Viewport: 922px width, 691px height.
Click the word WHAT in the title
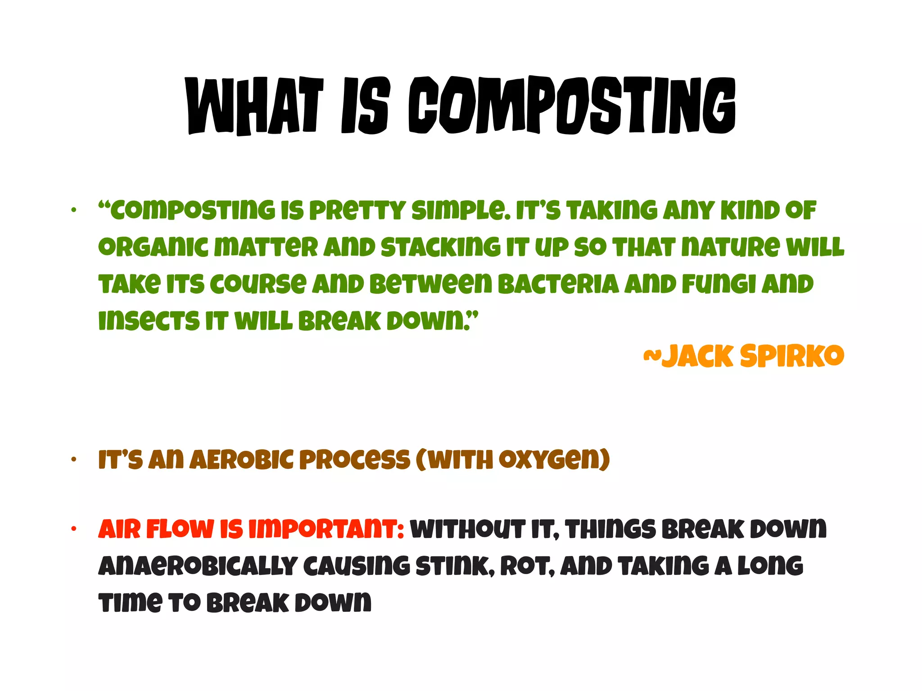pyautogui.click(x=255, y=106)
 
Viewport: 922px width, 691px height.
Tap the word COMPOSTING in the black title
pyautogui.click(x=572, y=106)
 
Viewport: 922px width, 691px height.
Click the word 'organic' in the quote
pyautogui.click(x=153, y=248)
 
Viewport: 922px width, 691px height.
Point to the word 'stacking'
pyautogui.click(x=440, y=248)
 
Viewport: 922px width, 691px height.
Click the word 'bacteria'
pyautogui.click(x=558, y=284)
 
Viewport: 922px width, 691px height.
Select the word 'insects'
pyautogui.click(x=149, y=321)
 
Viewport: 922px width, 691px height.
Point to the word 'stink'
pyautogui.click(x=452, y=566)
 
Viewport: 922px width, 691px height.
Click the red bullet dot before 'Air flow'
pyautogui.click(x=74, y=529)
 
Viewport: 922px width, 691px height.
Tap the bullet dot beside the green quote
pyautogui.click(x=74, y=210)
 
